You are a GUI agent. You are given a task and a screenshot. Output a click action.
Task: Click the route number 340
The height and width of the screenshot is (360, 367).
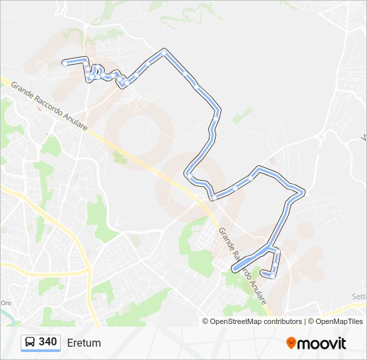[47, 342]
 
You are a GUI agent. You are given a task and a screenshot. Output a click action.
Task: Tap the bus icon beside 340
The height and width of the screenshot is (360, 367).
[30, 342]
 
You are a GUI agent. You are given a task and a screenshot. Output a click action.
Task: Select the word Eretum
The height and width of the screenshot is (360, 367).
[84, 343]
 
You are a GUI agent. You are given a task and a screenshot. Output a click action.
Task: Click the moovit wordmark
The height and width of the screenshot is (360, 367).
[322, 343]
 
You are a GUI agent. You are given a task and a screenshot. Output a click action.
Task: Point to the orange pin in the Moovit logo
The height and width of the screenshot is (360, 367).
[292, 343]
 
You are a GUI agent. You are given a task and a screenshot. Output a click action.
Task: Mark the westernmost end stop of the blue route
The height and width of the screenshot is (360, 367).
[65, 63]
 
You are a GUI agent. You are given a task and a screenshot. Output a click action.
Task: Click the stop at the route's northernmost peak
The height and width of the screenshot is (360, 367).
[163, 51]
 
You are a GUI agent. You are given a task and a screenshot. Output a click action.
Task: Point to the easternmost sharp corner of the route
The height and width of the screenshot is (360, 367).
[303, 194]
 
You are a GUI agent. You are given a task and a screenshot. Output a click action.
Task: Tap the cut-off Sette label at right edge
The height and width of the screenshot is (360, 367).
[359, 296]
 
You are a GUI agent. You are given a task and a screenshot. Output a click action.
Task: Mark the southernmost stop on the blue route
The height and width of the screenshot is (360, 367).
[273, 275]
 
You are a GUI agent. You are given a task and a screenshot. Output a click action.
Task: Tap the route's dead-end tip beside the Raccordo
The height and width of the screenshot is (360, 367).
[234, 269]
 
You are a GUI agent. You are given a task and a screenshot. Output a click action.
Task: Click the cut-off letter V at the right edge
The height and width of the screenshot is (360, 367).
[364, 138]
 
